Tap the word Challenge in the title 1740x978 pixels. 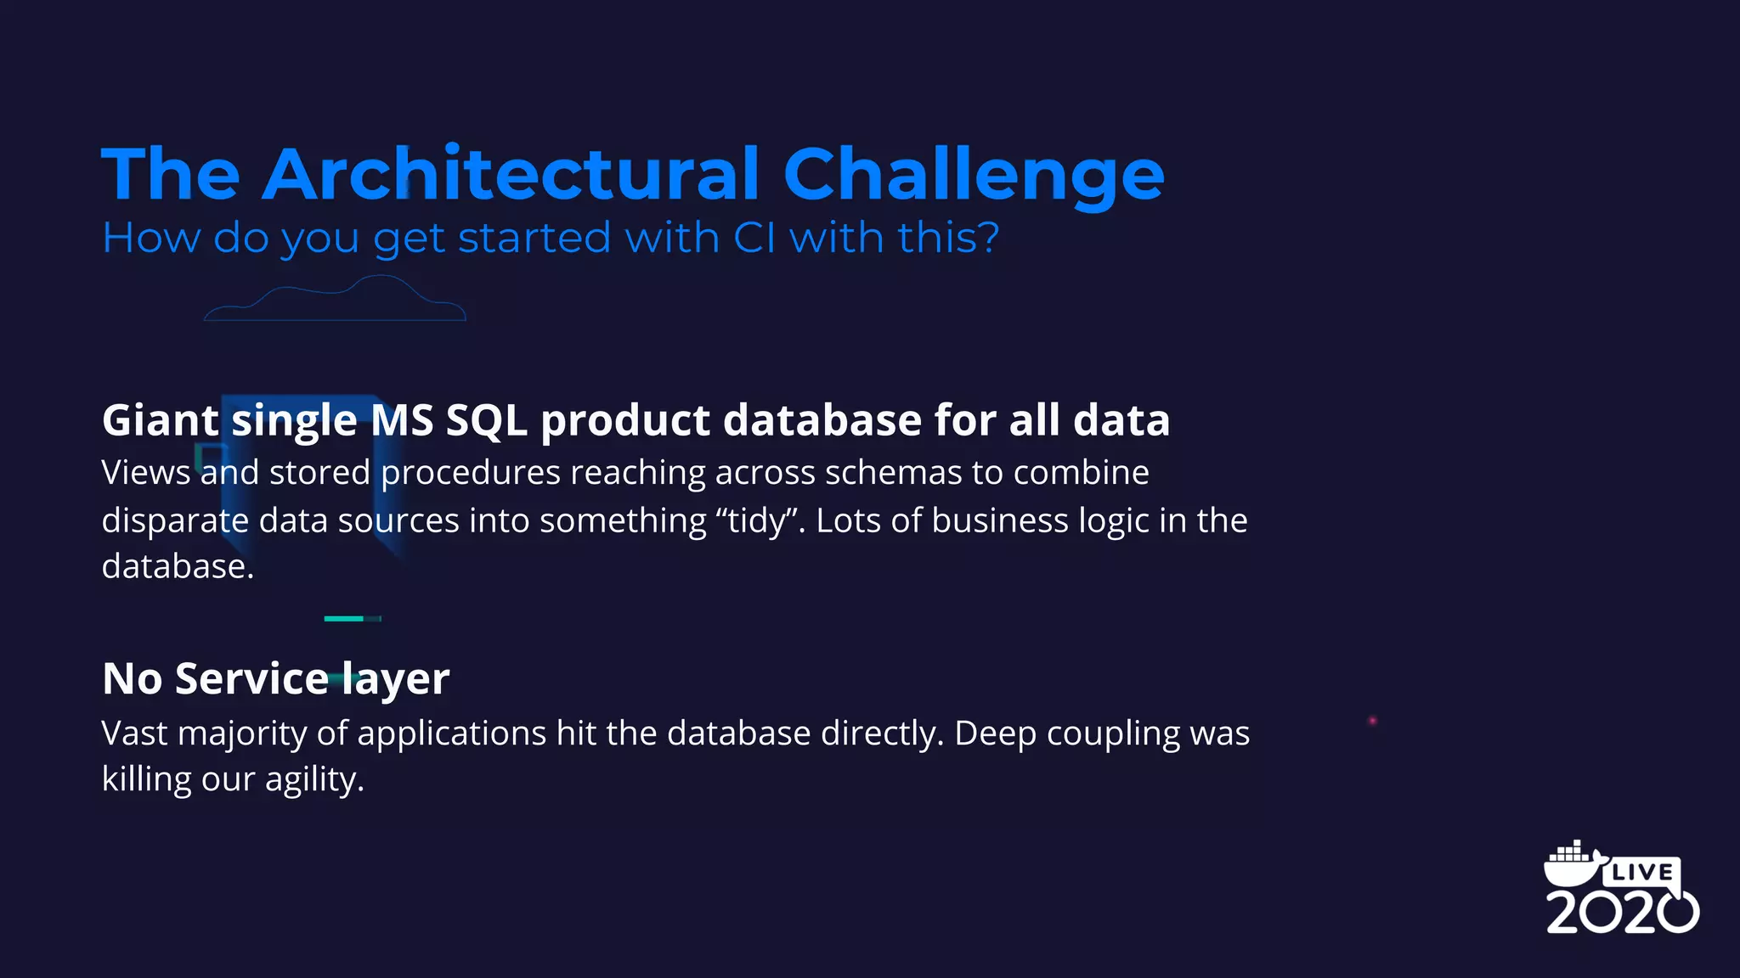click(973, 176)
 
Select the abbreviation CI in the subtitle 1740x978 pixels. click(754, 238)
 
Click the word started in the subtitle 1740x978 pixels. click(534, 238)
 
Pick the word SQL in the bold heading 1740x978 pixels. click(486, 420)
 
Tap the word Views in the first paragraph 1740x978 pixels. click(145, 473)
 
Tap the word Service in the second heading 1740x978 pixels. click(251, 679)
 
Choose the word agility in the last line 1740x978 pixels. click(313, 780)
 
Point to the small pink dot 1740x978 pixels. click(1372, 721)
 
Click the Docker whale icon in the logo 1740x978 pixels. click(1572, 864)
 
